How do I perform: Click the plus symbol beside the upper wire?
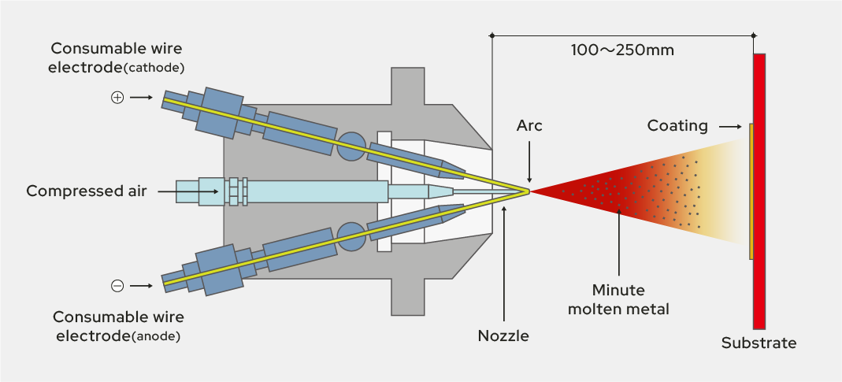(x=117, y=98)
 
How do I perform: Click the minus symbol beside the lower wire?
(x=117, y=286)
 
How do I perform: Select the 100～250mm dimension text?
(x=622, y=50)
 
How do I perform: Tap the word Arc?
(x=529, y=126)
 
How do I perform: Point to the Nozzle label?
(x=503, y=336)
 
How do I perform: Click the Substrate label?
(x=759, y=343)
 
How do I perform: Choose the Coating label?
(x=677, y=126)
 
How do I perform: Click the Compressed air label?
(x=87, y=191)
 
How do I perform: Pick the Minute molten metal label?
(x=619, y=299)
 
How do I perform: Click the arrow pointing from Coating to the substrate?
(x=730, y=126)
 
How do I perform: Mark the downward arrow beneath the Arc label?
(x=529, y=165)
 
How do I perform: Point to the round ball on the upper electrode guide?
(x=350, y=146)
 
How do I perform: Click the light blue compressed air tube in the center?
(x=315, y=191)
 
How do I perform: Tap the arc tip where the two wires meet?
(x=529, y=191)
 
